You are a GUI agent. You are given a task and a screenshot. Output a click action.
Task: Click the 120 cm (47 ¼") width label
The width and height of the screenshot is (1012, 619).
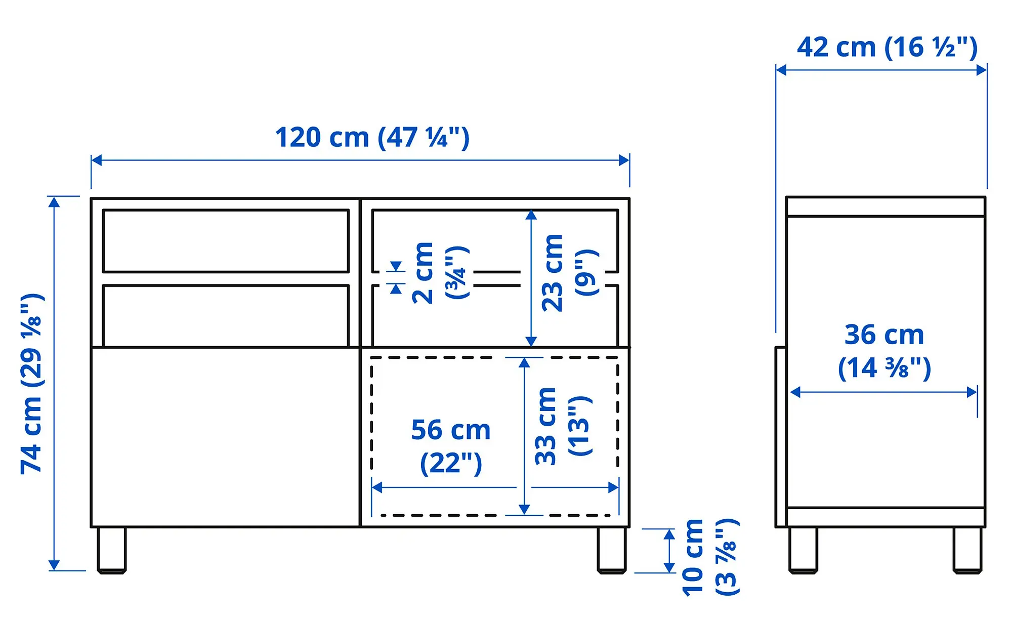point(372,137)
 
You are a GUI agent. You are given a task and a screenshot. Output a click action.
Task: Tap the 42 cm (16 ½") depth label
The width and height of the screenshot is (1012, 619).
point(887,48)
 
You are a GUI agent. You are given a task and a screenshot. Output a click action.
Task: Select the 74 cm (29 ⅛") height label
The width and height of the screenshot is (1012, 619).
point(32,384)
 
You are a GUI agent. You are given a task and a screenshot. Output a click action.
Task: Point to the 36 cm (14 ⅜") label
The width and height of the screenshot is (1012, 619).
point(884,351)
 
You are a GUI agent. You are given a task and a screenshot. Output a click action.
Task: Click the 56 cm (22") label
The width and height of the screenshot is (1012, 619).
point(450,446)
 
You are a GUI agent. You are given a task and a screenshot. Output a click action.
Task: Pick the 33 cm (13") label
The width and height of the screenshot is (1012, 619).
point(562,426)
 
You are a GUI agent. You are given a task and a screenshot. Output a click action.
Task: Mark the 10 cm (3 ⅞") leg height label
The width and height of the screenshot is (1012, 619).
point(709,557)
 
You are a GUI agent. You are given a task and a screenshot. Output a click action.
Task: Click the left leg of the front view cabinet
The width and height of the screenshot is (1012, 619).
point(111,550)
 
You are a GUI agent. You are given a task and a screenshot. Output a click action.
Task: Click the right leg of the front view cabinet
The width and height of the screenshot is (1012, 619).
point(611,550)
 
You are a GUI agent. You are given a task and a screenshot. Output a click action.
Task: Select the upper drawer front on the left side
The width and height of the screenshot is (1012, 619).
point(226,241)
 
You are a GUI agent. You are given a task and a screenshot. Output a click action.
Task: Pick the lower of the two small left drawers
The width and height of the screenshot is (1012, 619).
point(226,315)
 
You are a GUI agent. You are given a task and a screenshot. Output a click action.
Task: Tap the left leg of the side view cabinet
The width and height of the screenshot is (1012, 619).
point(803,550)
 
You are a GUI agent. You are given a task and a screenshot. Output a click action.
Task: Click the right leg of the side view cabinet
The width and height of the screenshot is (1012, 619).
point(967,550)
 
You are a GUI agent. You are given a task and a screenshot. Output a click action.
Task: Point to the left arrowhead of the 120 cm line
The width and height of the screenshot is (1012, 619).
point(96,160)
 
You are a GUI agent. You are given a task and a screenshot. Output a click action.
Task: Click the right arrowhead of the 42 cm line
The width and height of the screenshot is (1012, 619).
point(982,70)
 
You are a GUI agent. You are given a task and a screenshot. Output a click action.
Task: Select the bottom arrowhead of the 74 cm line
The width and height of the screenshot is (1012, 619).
point(54,565)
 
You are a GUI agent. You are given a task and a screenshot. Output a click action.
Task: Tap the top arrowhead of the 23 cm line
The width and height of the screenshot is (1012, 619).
point(531,215)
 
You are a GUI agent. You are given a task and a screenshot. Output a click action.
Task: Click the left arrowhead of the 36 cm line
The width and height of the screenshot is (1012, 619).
point(795,392)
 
